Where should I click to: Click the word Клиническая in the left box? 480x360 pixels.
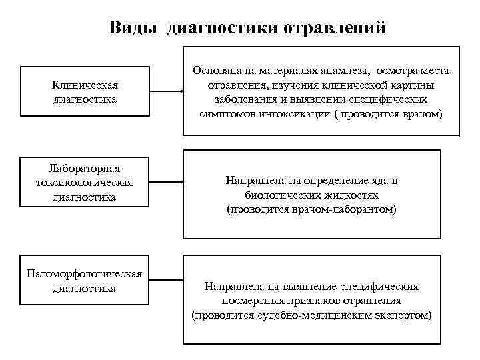tap(85, 85)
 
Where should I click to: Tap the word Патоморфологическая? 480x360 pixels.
tap(85, 274)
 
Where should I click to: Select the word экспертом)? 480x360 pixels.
tap(403, 314)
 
